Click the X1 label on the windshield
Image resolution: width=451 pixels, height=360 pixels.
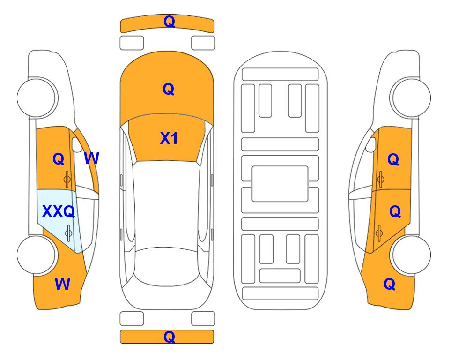pyautogui.click(x=169, y=138)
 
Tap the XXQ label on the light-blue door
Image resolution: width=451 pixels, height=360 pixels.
pyautogui.click(x=59, y=211)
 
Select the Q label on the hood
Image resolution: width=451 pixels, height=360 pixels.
pyautogui.click(x=169, y=89)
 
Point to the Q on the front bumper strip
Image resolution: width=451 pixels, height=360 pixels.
pyautogui.click(x=169, y=22)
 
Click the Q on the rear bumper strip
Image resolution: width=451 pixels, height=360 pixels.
pyautogui.click(x=169, y=337)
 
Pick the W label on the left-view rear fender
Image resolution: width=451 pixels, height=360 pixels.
pyautogui.click(x=62, y=284)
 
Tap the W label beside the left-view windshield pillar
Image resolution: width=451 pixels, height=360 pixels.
pyautogui.click(x=92, y=158)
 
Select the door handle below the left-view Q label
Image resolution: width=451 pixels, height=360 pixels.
pyautogui.click(x=67, y=179)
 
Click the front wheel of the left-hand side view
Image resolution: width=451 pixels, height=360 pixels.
pyautogui.click(x=36, y=97)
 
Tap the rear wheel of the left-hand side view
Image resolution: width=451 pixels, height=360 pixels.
pyautogui.click(x=36, y=255)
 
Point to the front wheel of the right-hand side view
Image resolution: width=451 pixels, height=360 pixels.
pyautogui.click(x=412, y=97)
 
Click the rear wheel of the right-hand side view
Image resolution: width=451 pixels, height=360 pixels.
pyautogui.click(x=412, y=255)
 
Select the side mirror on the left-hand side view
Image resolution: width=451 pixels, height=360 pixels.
pyautogui.click(x=76, y=145)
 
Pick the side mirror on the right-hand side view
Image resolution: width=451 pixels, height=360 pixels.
pyautogui.click(x=371, y=145)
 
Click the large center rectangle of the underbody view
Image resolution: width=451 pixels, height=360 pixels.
pyautogui.click(x=280, y=184)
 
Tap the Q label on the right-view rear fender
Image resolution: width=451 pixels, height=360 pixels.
pyautogui.click(x=390, y=284)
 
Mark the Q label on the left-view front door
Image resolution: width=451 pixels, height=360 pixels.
pyautogui.click(x=59, y=159)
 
